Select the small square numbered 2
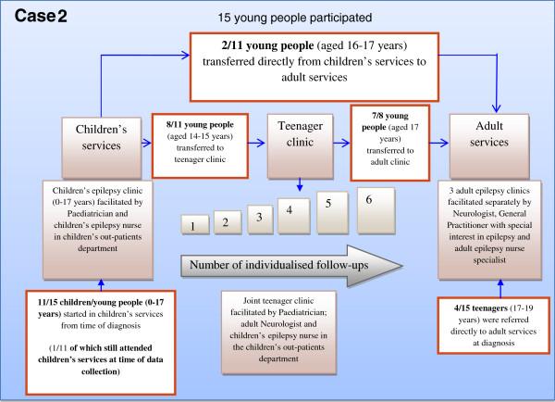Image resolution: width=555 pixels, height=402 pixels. pos(226,220)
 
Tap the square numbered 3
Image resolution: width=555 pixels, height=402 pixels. pos(259,217)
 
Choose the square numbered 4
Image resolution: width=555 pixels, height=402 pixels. pos(291,213)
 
